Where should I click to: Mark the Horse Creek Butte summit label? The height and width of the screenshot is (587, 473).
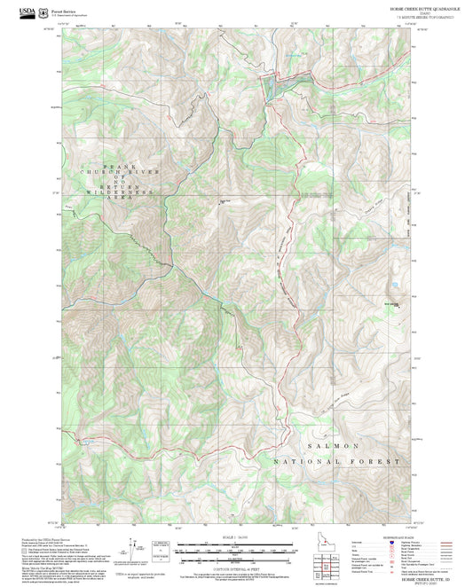[x=389, y=306]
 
